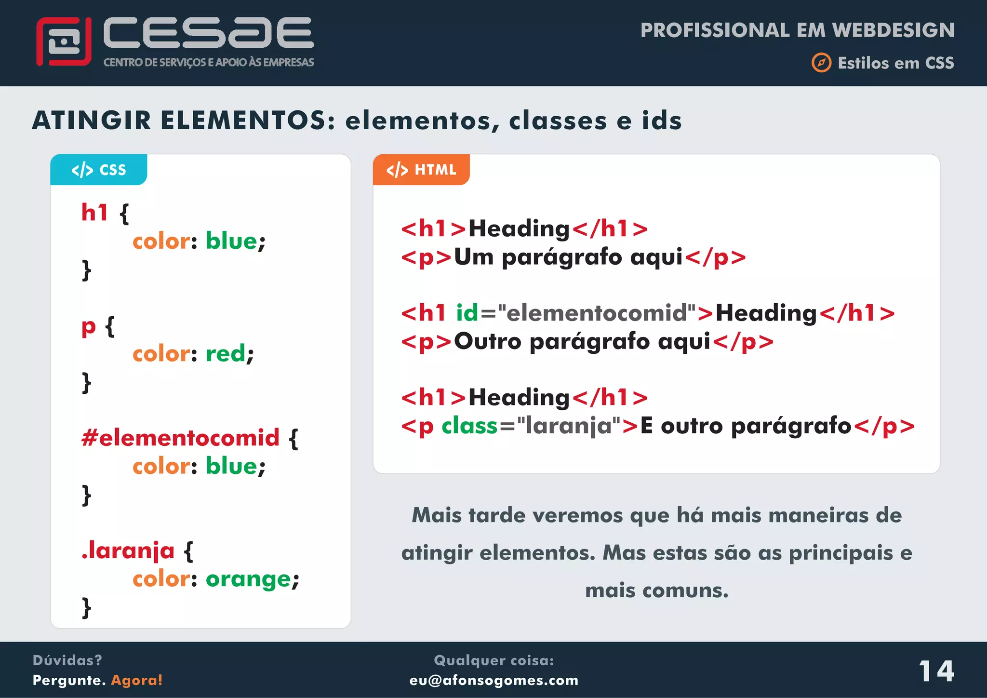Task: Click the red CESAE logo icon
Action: [x=64, y=41]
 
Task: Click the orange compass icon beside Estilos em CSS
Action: [x=821, y=63]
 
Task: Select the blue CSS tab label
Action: [x=99, y=170]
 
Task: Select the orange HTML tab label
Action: [x=421, y=170]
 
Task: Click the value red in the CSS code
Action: [x=226, y=354]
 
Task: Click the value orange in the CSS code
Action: [x=248, y=579]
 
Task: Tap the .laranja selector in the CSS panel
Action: [x=128, y=550]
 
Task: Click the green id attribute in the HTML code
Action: [x=467, y=313]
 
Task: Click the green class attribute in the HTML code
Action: [x=469, y=426]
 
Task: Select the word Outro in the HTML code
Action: [x=488, y=341]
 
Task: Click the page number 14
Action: [x=936, y=671]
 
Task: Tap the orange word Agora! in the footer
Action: [x=137, y=680]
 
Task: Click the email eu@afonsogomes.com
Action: [x=493, y=680]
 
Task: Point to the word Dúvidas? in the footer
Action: [x=67, y=660]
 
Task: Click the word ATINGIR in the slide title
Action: [x=92, y=121]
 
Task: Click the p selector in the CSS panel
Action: [x=89, y=327]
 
